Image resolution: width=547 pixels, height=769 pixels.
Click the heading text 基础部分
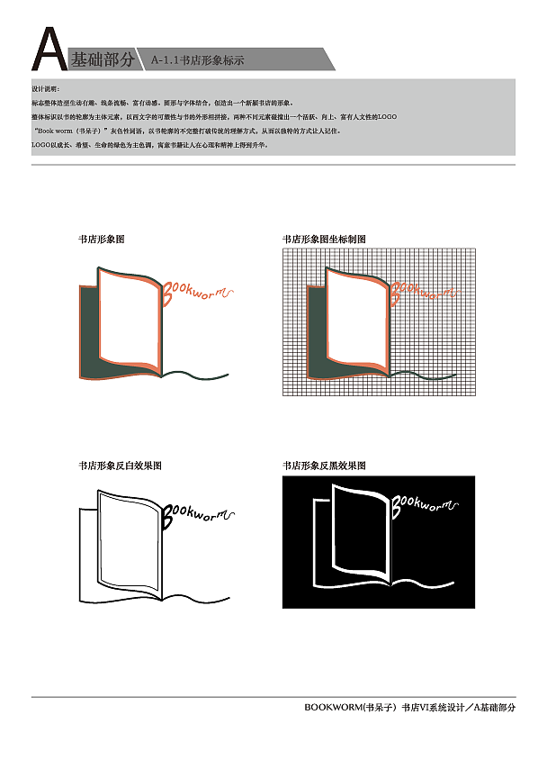pyautogui.click(x=103, y=60)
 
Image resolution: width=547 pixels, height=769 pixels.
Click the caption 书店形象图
pyautogui.click(x=101, y=240)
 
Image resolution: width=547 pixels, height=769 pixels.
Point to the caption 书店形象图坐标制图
pyautogui.click(x=324, y=240)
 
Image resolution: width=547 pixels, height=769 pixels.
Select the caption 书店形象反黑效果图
pyautogui.click(x=324, y=466)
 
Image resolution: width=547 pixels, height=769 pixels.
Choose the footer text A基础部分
pyautogui.click(x=495, y=708)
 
